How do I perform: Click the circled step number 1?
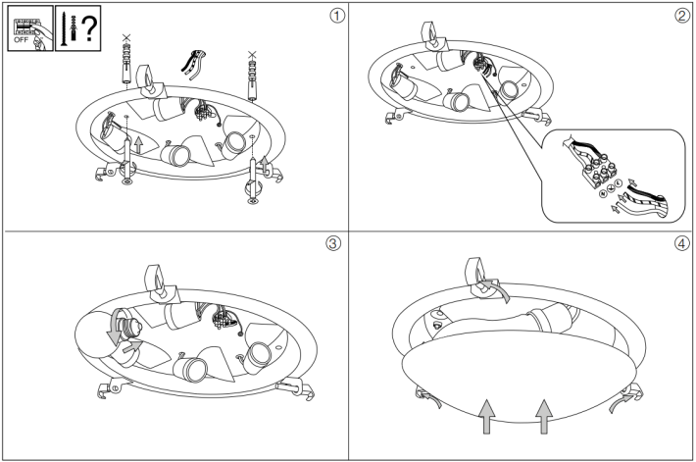point(337,16)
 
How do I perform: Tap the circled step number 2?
point(682,16)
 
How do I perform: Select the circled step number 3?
point(334,243)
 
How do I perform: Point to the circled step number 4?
point(682,243)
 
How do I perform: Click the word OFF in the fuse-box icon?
point(21,40)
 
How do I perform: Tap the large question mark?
point(90,28)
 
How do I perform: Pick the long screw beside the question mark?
point(63,28)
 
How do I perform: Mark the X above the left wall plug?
point(126,37)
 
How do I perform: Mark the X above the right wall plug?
point(252,55)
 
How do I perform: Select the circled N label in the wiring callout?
point(603,193)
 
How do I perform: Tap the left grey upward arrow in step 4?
point(487,416)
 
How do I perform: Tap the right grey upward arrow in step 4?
point(544,416)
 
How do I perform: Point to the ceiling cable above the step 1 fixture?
point(193,65)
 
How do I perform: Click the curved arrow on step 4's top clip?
point(498,287)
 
